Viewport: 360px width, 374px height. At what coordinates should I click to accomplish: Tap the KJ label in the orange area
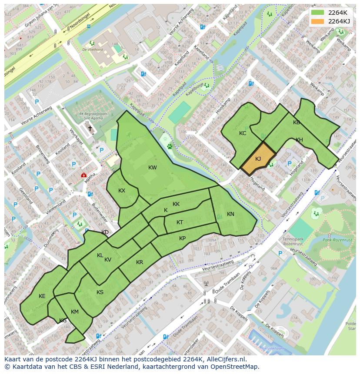258,159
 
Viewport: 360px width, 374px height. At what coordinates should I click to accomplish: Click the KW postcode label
152,168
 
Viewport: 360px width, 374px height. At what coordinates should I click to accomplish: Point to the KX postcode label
122,191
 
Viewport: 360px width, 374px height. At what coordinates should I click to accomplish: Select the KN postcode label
230,214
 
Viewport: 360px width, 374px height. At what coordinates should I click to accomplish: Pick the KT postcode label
180,222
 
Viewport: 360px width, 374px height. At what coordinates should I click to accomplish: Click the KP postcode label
182,238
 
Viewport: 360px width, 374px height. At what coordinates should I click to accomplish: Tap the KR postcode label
140,262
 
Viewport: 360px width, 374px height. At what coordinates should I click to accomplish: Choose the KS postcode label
100,292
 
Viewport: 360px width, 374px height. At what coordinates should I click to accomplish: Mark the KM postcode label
75,312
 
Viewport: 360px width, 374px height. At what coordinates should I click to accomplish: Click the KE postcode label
42,296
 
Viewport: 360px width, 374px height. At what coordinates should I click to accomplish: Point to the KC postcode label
243,133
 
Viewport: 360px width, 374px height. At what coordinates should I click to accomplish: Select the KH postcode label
299,140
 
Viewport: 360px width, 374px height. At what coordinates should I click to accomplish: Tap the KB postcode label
297,122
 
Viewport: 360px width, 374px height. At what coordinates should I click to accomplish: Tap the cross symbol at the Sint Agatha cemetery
90,128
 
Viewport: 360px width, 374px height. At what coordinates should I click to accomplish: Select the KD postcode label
105,232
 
